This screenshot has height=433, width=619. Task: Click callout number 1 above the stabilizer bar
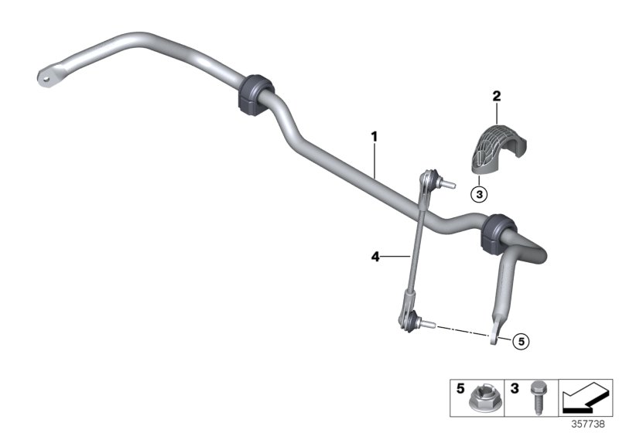[374, 137]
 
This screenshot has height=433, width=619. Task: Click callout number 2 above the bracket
[497, 97]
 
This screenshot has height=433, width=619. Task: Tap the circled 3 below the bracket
[480, 194]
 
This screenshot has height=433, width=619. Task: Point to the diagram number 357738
[590, 424]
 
